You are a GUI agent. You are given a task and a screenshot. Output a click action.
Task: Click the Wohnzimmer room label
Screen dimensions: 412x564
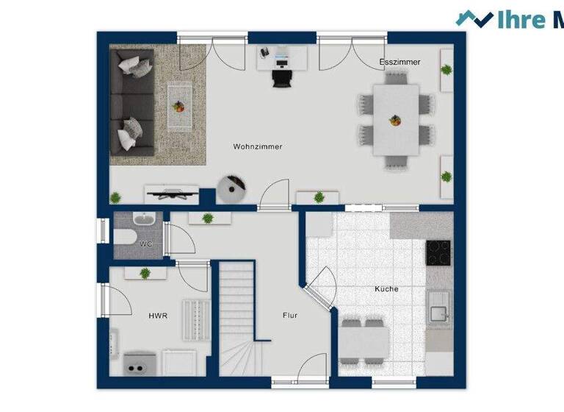[x=258, y=146]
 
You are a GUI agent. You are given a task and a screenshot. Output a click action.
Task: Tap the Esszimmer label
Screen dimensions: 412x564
[x=400, y=63]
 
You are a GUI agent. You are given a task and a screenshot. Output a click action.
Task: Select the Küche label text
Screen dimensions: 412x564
[x=386, y=289]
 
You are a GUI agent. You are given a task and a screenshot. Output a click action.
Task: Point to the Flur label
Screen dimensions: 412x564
[x=290, y=315]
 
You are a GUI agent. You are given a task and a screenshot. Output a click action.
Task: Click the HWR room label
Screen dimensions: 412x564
[x=158, y=316]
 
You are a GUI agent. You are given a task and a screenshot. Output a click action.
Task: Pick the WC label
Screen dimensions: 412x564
[x=146, y=244]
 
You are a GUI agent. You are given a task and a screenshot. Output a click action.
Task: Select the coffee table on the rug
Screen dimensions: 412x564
[x=178, y=107]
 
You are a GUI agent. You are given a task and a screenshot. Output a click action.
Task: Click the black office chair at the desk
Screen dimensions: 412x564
[x=281, y=76]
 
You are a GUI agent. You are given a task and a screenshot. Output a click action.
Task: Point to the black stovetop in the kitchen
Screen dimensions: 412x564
[x=439, y=253]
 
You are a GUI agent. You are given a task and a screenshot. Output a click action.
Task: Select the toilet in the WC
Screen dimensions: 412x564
[x=122, y=236]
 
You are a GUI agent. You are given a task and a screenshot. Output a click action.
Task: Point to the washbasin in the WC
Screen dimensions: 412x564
[x=142, y=219]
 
